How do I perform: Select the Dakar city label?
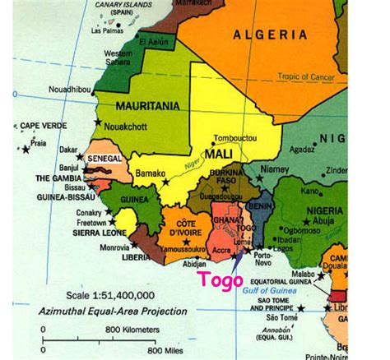pyautogui.click(x=68, y=150)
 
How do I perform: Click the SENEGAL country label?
pyautogui.click(x=104, y=158)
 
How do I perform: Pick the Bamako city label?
pyautogui.click(x=151, y=173)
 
